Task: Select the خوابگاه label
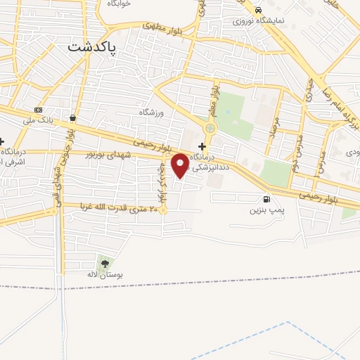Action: pos(120,4)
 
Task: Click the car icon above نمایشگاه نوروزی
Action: pos(259,9)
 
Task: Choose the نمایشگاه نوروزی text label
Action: pos(260,20)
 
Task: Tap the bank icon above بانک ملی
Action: pos(38,110)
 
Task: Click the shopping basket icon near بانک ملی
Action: pos(74,117)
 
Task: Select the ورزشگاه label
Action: pos(150,112)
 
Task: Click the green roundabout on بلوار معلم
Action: pos(210,129)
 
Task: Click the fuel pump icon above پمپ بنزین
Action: pos(265,199)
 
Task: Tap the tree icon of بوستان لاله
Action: pos(105,264)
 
